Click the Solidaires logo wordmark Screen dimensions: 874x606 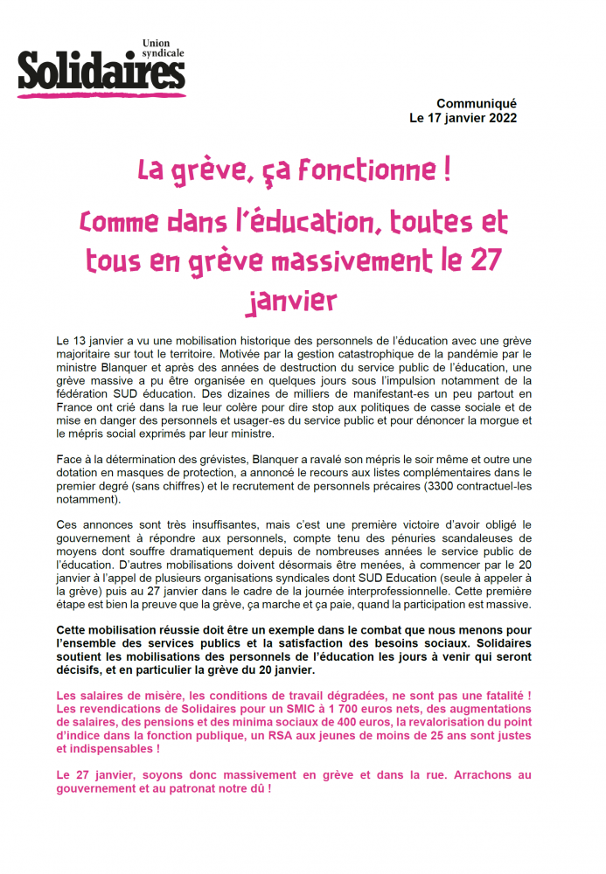tap(101, 71)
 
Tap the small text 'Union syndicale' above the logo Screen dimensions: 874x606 tap(164, 50)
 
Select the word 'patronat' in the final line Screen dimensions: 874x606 tap(178, 788)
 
